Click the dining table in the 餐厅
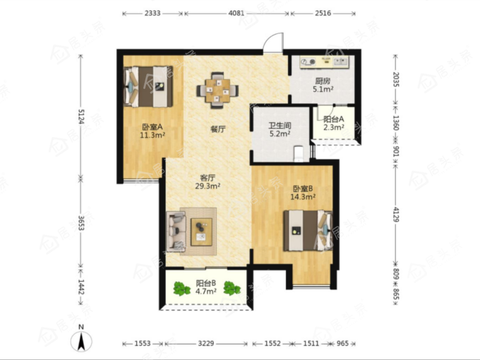coord(217,90)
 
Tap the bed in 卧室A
coord(148,87)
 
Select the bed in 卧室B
coord(308,231)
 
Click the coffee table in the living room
coord(201,232)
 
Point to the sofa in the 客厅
coord(176,230)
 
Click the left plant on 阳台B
coord(182,289)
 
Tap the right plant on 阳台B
coord(232,288)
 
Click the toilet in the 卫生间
coord(298,154)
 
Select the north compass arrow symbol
coord(81,342)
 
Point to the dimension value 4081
coord(236,13)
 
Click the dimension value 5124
coord(80,116)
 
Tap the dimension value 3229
coord(205,344)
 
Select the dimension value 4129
coord(396,215)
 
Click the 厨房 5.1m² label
coord(323,85)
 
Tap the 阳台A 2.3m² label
coord(334,123)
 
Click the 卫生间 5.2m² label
coord(280,129)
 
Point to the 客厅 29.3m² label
coord(208,182)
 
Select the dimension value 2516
coord(323,13)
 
